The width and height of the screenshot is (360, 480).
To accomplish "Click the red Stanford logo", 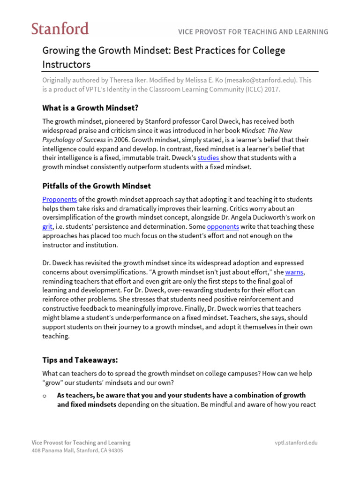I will pos(60,29).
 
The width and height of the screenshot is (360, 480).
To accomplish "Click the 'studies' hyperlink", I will pos(208,158).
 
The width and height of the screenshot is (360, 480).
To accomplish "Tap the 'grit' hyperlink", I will pos(47,226).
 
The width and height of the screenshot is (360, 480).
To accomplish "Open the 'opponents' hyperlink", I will pos(223,226).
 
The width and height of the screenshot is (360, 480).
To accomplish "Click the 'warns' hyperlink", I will pos(294,272).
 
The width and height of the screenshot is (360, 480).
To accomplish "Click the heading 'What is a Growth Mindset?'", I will pos(90,108).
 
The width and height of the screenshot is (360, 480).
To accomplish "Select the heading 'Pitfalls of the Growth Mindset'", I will pos(97,186).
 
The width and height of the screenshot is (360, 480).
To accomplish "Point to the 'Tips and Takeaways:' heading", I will pos(80,360).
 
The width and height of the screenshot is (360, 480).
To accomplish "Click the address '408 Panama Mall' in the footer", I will pos(53,450).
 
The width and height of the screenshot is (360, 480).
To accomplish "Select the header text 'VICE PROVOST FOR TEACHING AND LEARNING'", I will pos(253,32).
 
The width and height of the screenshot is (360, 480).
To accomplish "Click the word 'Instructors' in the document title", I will pos(66,64).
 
